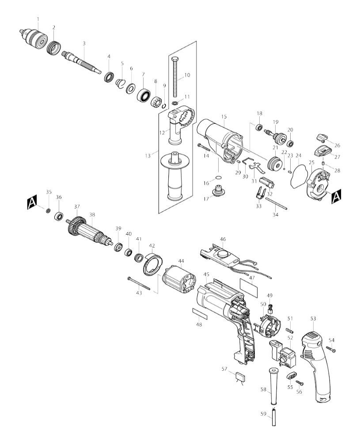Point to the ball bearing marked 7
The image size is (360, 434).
[143, 95]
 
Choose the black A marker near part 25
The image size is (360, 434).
[336, 196]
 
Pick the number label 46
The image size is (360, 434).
[223, 239]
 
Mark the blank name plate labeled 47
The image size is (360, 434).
[249, 288]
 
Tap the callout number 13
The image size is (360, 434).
[148, 156]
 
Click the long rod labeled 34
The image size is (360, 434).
[276, 203]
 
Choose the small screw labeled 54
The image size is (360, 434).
[331, 349]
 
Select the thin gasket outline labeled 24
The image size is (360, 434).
[299, 176]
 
